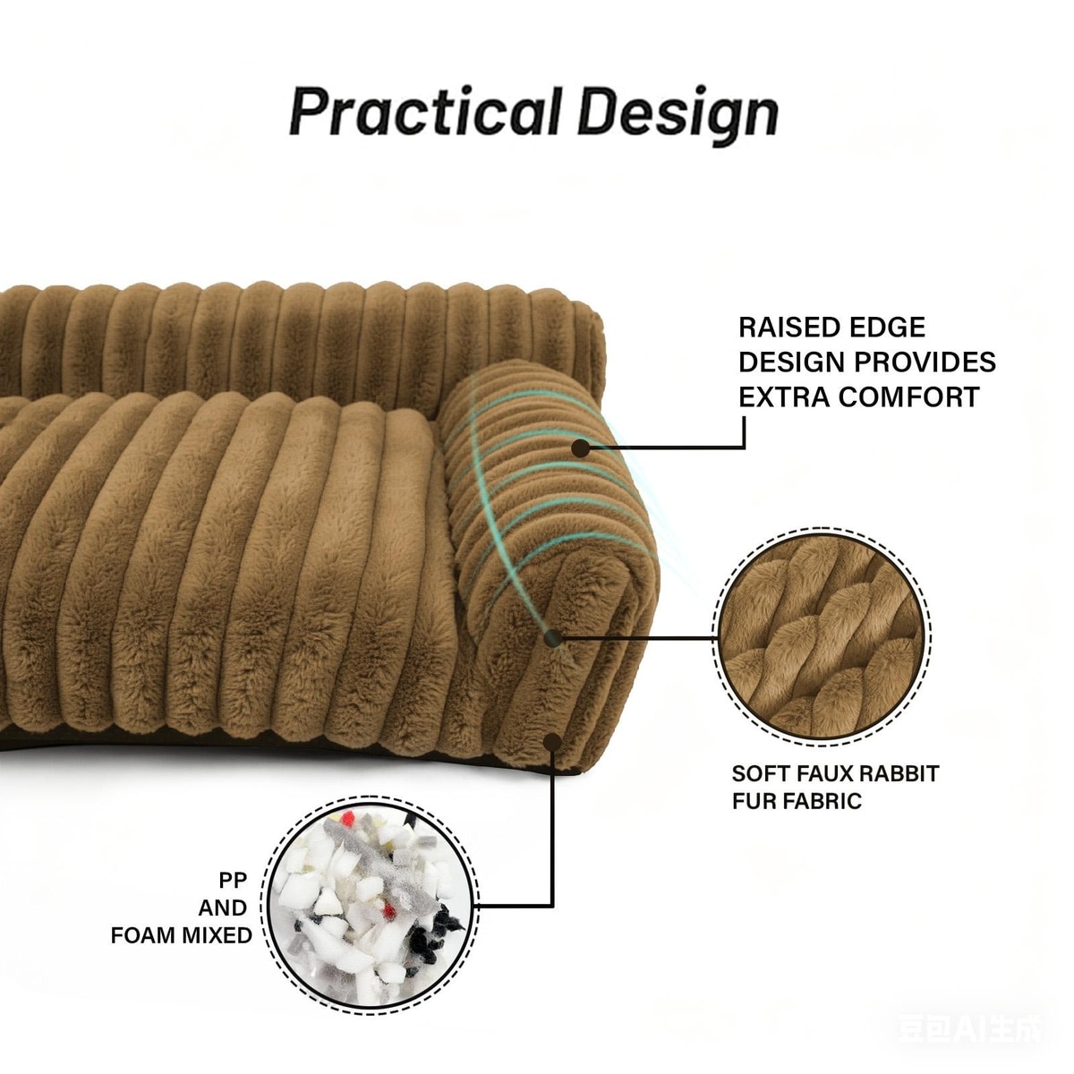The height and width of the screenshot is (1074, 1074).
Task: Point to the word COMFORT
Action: point(914,396)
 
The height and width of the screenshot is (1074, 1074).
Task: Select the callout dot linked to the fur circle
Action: point(552,638)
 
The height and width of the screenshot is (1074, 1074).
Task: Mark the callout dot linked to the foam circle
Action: point(553,740)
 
